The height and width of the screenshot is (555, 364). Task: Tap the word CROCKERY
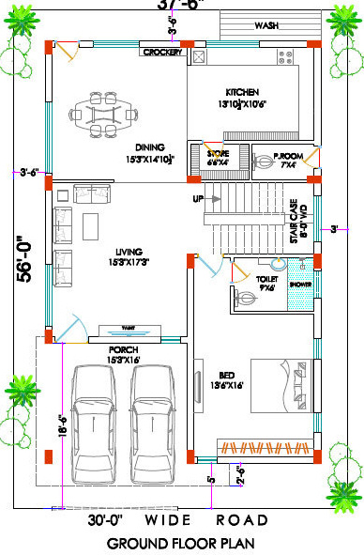tap(162, 53)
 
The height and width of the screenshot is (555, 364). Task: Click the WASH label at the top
tap(266, 25)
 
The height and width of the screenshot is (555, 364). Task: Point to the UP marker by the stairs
tap(198, 199)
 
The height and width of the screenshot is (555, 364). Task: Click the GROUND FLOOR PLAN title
tap(182, 544)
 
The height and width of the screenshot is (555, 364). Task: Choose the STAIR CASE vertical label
tap(294, 222)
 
